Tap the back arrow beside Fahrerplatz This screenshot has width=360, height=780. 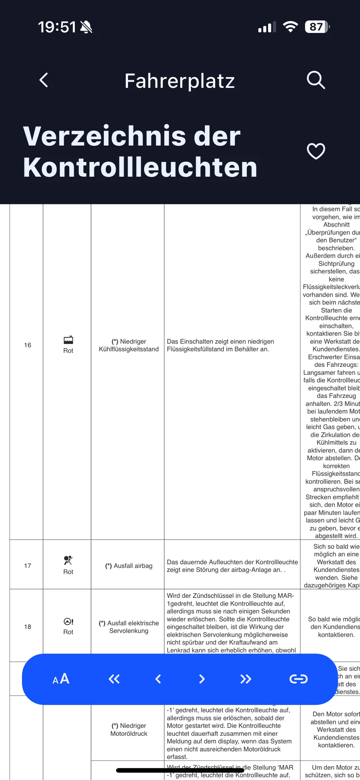pyautogui.click(x=44, y=80)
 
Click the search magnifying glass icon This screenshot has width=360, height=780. pyautogui.click(x=316, y=80)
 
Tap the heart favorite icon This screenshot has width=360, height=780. pyautogui.click(x=316, y=152)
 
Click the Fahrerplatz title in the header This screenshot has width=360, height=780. pyautogui.click(x=180, y=81)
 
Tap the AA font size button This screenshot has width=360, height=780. pyautogui.click(x=61, y=679)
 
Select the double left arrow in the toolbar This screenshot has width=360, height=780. pyautogui.click(x=114, y=679)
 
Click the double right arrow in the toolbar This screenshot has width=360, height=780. pyautogui.click(x=245, y=679)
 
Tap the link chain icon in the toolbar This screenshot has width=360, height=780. pyautogui.click(x=298, y=679)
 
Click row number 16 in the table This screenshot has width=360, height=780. pyautogui.click(x=28, y=345)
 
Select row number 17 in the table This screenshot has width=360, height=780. pyautogui.click(x=28, y=566)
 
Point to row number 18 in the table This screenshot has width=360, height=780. pyautogui.click(x=28, y=627)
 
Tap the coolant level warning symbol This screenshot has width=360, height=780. pyautogui.click(x=68, y=340)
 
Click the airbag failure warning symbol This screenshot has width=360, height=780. pyautogui.click(x=68, y=561)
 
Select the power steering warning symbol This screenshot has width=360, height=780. pyautogui.click(x=68, y=622)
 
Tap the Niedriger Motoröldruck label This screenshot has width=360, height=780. pyautogui.click(x=129, y=730)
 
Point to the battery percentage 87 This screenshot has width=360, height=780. pyautogui.click(x=317, y=27)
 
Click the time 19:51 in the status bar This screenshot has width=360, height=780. pyautogui.click(x=57, y=27)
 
